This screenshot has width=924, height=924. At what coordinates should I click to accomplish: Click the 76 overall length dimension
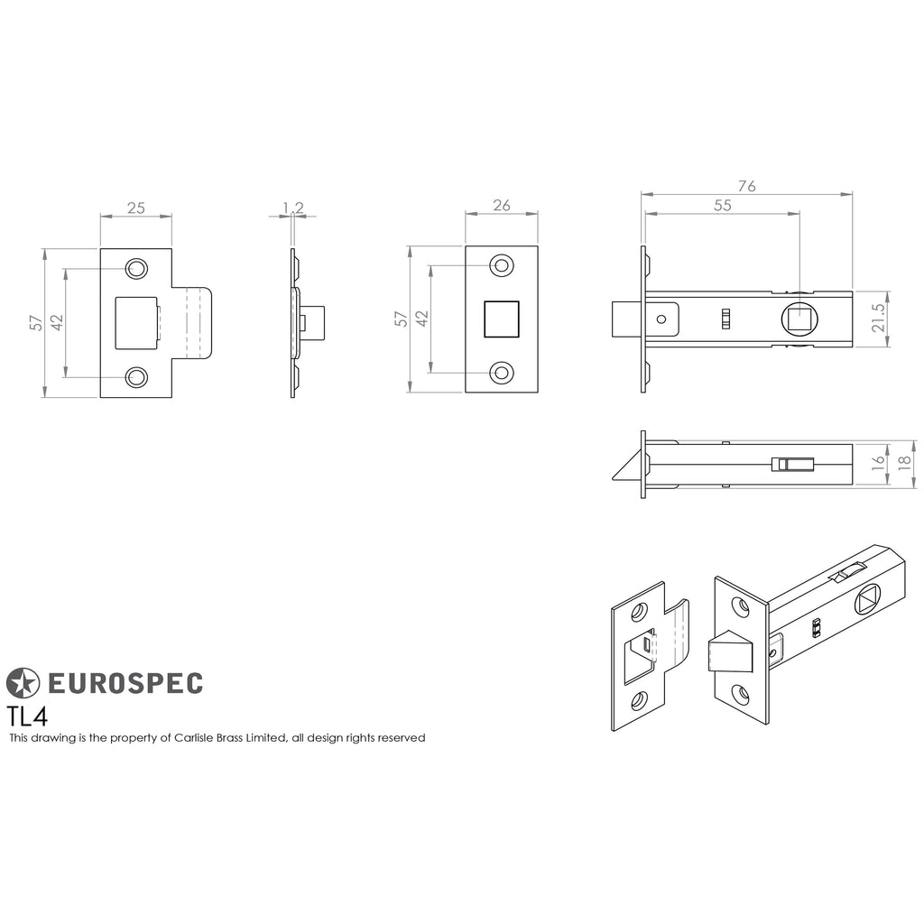pyautogui.click(x=746, y=186)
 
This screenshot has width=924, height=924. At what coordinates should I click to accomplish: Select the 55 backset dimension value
pyautogui.click(x=723, y=205)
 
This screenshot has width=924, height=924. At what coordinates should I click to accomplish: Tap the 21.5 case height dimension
pyautogui.click(x=879, y=319)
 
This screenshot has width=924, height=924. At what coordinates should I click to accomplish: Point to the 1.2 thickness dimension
pyautogui.click(x=293, y=208)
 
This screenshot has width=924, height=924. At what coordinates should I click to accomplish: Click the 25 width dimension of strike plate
pyautogui.click(x=136, y=208)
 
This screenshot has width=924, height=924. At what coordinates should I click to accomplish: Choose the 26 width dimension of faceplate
pyautogui.click(x=502, y=205)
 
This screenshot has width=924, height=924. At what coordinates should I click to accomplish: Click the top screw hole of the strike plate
pyautogui.click(x=136, y=269)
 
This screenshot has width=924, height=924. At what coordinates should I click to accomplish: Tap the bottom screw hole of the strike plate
pyautogui.click(x=136, y=377)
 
